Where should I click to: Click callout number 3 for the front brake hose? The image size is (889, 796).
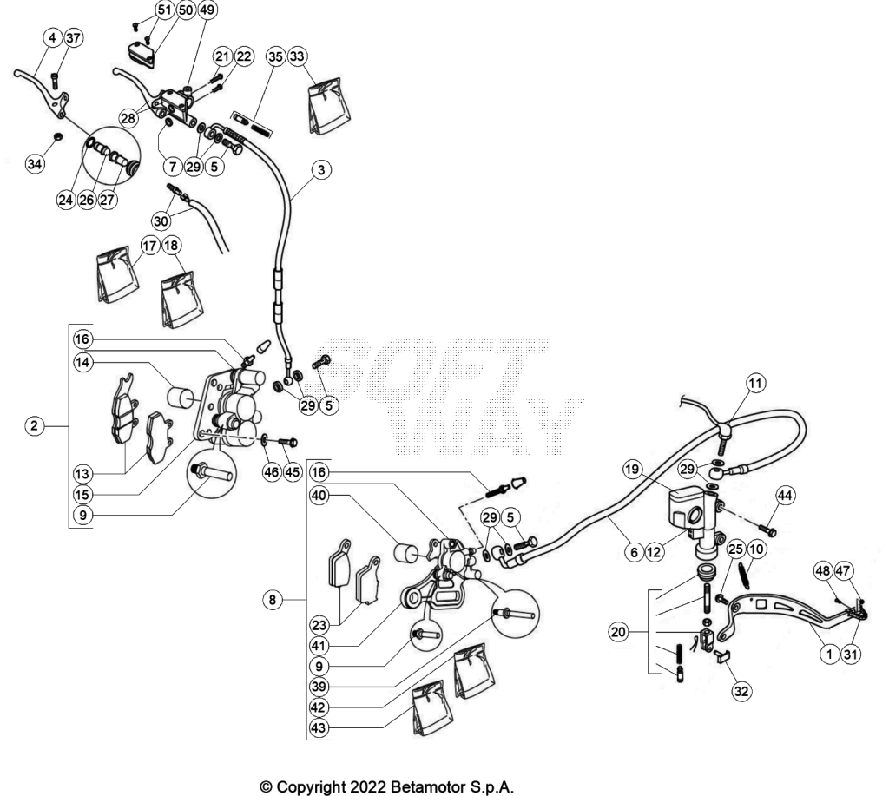[321, 169]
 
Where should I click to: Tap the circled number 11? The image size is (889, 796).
[755, 384]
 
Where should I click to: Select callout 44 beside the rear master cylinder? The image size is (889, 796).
[784, 496]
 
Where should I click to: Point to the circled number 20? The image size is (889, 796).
[618, 632]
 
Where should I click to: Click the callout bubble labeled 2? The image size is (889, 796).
[35, 425]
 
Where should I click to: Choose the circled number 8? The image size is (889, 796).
[272, 599]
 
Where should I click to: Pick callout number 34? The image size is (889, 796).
[35, 164]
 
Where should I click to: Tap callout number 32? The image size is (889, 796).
[741, 691]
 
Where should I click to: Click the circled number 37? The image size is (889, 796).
[73, 38]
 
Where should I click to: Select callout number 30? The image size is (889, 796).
[161, 220]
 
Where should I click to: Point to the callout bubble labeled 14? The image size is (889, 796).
[82, 362]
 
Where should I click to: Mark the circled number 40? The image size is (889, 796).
[319, 495]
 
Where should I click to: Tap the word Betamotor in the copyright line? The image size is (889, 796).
[427, 787]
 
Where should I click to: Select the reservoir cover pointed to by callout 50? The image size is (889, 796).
[140, 55]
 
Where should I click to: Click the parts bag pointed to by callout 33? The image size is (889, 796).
[329, 106]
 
